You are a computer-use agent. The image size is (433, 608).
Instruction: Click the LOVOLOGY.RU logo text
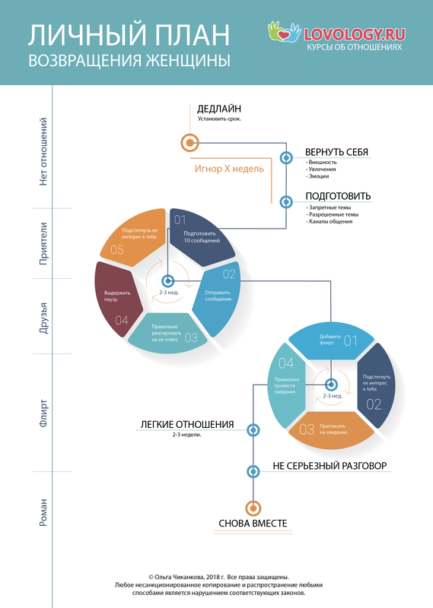[x=355, y=34]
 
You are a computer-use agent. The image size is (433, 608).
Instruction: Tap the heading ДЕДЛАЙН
[x=219, y=109]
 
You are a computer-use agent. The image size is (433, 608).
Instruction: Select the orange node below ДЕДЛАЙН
[x=190, y=143]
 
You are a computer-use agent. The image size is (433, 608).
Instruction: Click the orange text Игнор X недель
[x=229, y=169]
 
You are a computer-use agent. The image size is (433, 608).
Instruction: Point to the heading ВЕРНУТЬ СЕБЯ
[x=336, y=152]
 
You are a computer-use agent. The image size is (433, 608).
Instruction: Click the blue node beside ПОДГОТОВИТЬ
[x=286, y=201]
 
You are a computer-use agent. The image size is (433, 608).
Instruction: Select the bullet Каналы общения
[x=330, y=221]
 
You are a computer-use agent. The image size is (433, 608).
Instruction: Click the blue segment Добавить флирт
[x=331, y=340]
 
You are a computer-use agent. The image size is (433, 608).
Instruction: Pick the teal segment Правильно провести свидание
[x=287, y=385]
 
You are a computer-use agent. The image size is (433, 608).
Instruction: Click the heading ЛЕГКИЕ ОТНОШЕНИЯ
[x=187, y=425]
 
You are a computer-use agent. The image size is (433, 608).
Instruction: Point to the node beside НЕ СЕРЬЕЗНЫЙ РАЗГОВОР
[x=253, y=471]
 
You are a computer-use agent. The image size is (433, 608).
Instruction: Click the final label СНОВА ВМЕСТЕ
[x=253, y=524]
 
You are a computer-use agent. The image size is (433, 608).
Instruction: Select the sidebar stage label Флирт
[x=43, y=413]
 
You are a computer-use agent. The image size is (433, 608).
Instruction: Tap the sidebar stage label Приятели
[x=43, y=243]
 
